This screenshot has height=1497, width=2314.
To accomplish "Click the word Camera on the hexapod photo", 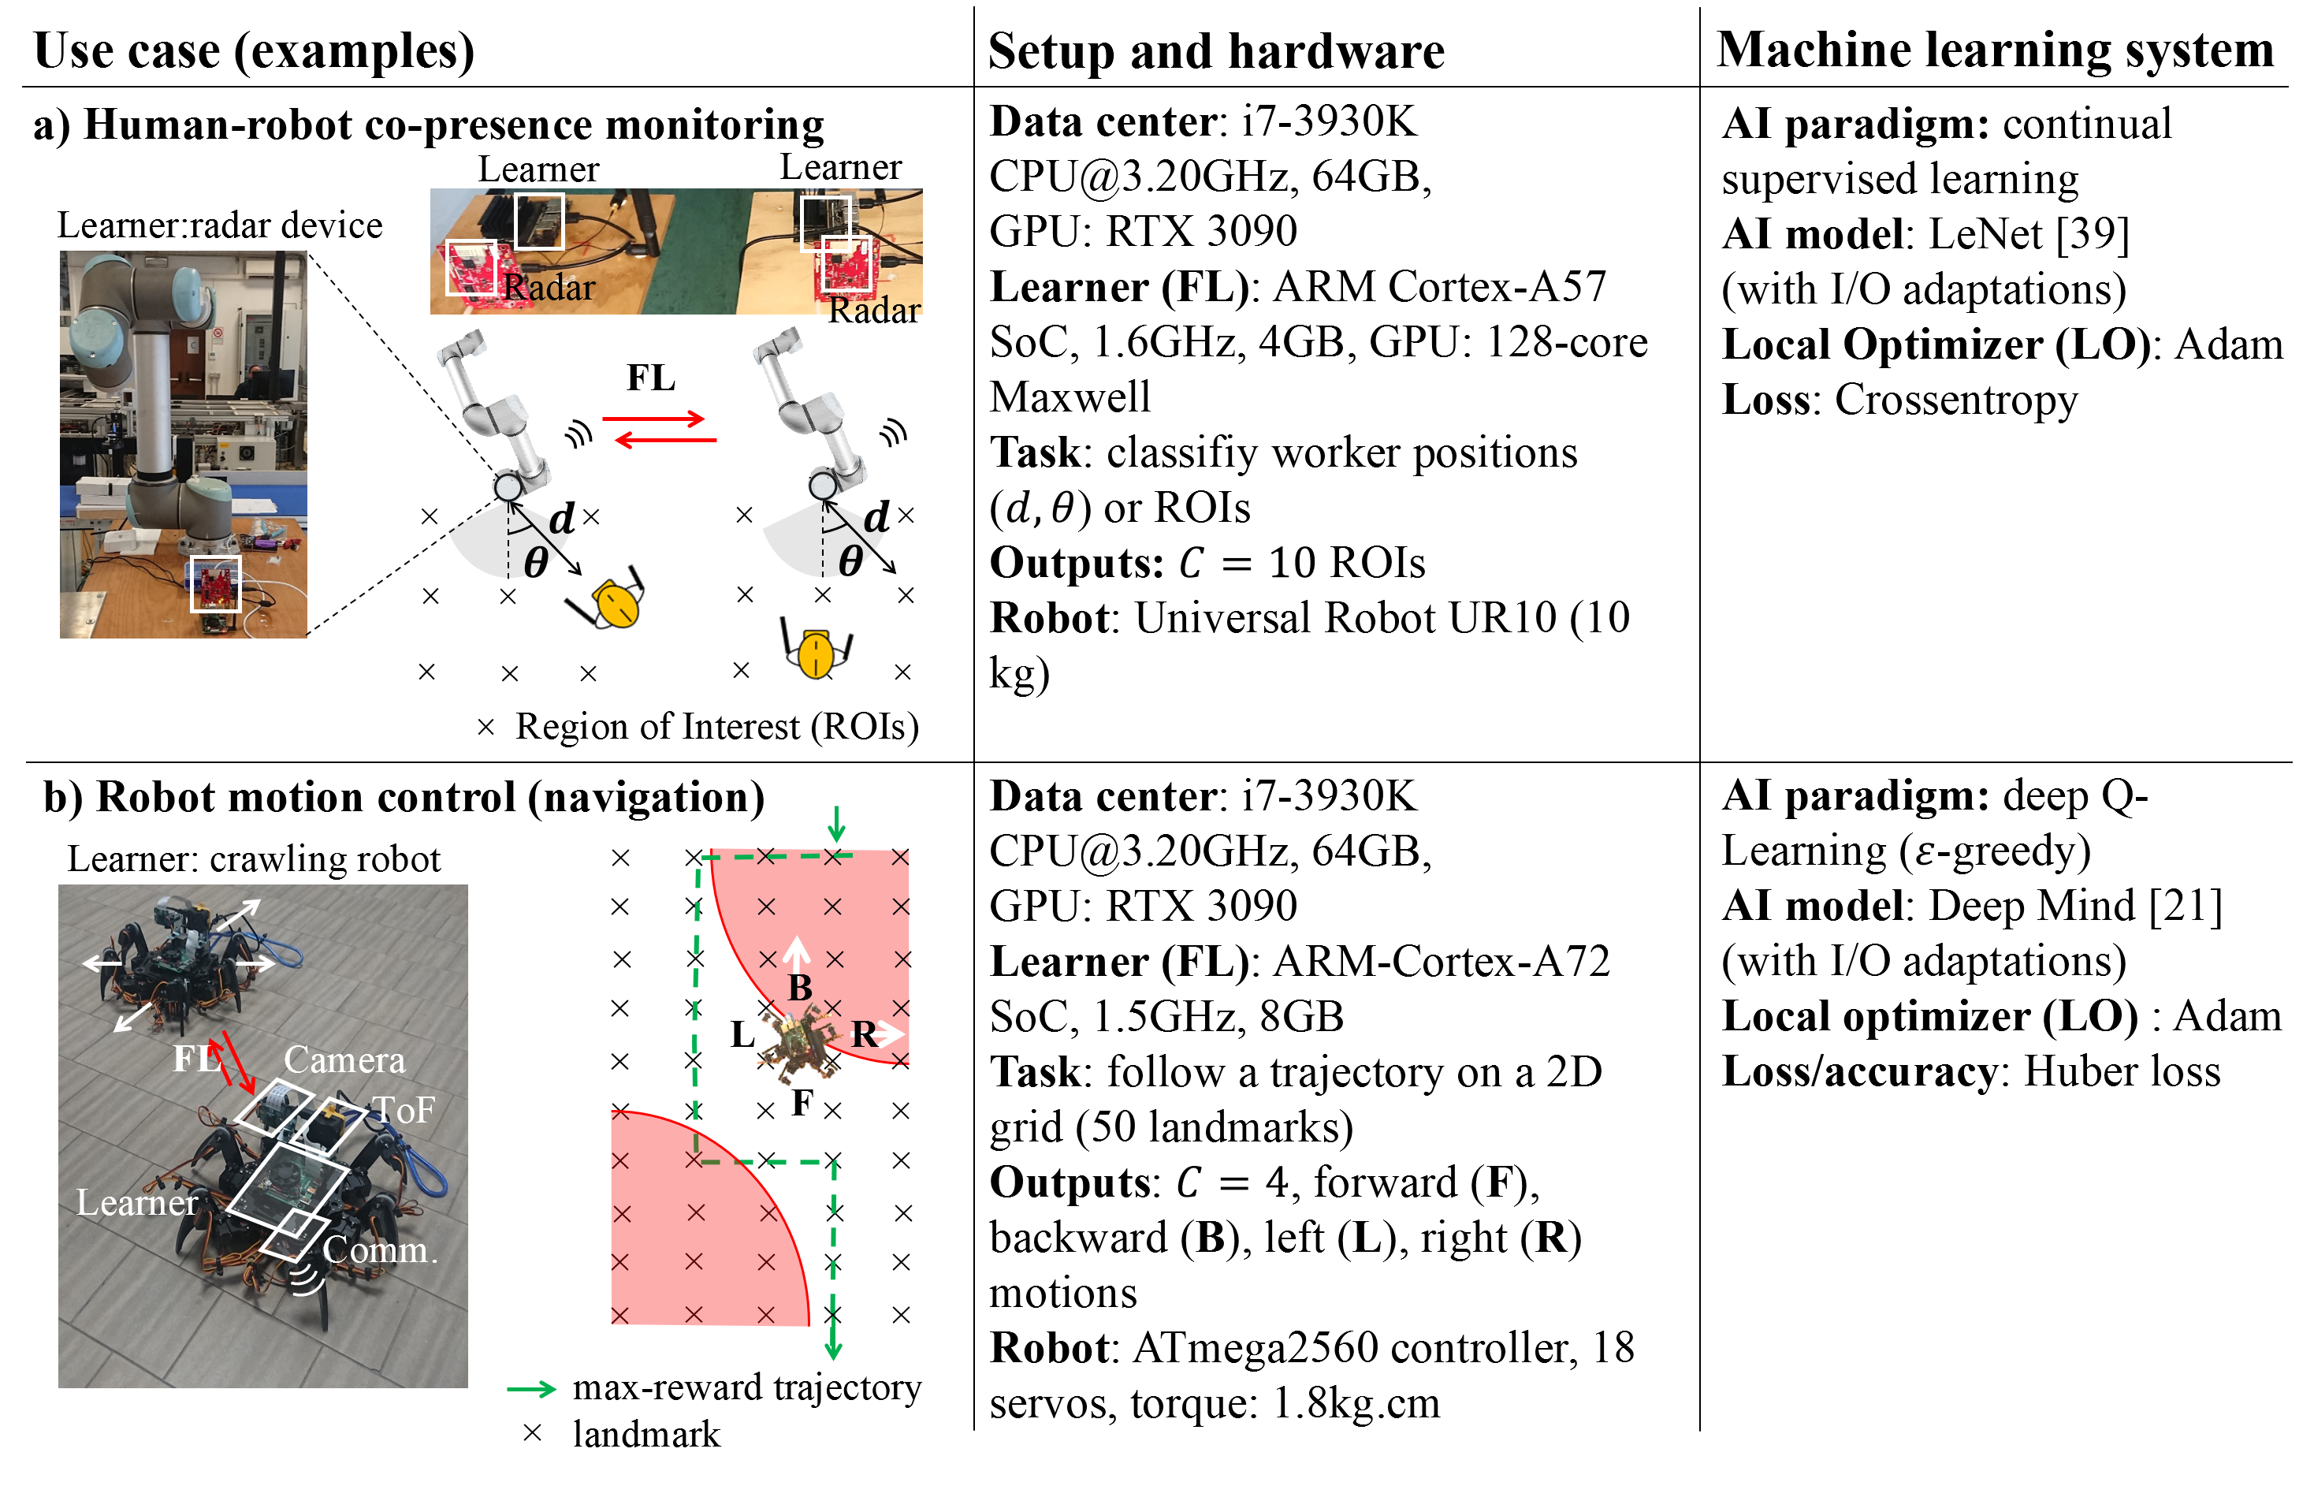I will (344, 1059).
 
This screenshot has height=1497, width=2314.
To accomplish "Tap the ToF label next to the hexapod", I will (404, 1110).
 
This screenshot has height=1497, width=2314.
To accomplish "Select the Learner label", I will (137, 1204).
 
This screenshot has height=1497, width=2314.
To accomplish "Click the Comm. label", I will (380, 1250).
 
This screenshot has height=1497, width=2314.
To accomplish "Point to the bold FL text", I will (195, 1059).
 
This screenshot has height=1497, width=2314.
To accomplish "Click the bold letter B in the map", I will (800, 988).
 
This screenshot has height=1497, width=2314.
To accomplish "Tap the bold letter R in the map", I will (862, 1034).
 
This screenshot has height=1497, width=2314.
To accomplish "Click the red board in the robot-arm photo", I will (215, 585).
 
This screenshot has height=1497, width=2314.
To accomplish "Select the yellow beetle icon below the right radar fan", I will (817, 651).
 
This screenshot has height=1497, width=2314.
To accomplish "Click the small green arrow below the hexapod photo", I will (532, 1389).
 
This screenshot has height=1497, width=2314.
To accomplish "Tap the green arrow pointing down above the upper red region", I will (835, 825).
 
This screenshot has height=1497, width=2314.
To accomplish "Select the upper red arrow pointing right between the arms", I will (653, 419).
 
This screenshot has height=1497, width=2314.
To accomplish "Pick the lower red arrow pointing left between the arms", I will (666, 441).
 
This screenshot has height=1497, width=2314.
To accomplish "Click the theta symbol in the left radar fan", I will (535, 561).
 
